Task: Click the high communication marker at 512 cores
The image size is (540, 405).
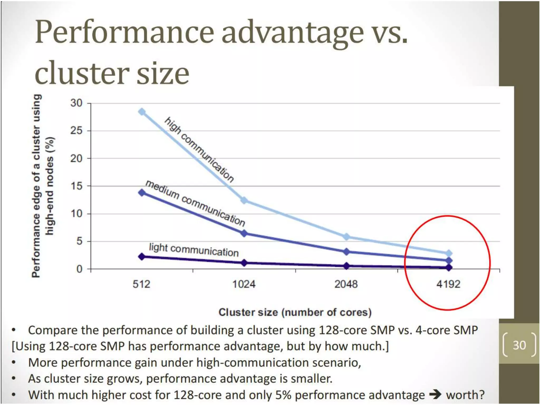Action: click(142, 112)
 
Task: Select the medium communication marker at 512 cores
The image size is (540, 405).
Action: click(142, 193)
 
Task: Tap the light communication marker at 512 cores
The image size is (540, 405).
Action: click(142, 257)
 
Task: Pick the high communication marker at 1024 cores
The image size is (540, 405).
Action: click(244, 200)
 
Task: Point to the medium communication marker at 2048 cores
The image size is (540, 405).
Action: click(346, 252)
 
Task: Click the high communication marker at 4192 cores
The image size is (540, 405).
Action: click(449, 254)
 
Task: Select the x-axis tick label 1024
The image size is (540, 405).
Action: click(244, 284)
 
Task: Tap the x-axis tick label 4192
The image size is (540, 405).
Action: click(448, 284)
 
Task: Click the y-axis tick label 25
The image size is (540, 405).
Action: click(76, 131)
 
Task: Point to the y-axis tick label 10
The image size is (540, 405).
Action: click(76, 214)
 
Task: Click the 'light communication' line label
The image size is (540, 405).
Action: click(194, 250)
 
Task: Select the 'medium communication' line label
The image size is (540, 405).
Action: click(195, 203)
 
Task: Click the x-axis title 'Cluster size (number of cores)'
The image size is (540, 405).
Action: click(295, 312)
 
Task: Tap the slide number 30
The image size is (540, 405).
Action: click(519, 345)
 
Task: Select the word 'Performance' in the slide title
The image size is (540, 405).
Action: click(124, 32)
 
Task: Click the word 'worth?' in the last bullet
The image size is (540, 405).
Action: click(465, 395)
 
